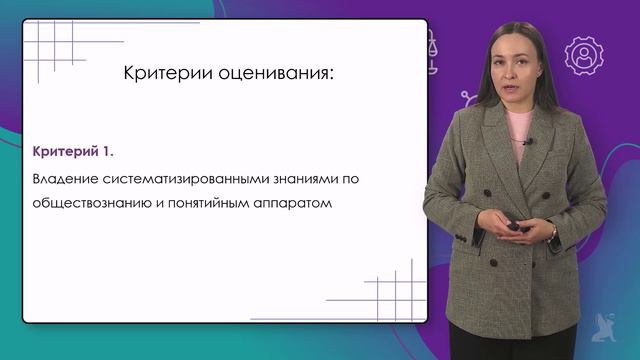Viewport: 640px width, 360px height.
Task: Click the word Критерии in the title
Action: (157, 74)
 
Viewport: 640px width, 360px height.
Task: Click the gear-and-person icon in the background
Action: (583, 56)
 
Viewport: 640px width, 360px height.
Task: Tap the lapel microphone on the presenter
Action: (527, 142)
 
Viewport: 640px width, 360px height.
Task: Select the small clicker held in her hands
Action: (516, 227)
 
